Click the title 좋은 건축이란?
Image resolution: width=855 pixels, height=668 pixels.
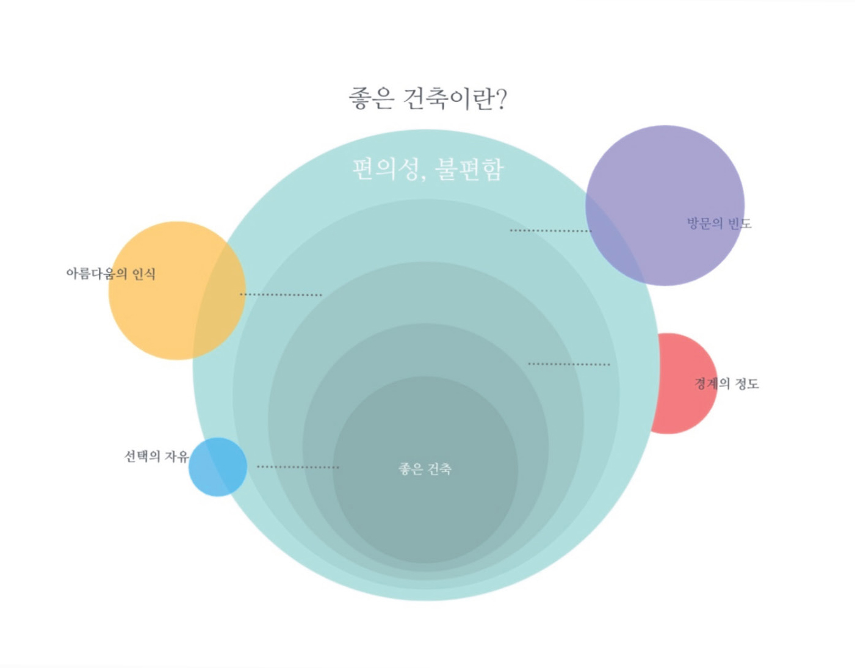[x=427, y=98]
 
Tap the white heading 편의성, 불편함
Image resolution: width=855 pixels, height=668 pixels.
[x=428, y=169]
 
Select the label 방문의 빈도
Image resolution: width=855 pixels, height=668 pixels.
[x=719, y=223]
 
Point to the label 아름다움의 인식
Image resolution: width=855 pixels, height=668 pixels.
[x=111, y=274]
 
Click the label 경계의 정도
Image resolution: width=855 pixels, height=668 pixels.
[x=726, y=383]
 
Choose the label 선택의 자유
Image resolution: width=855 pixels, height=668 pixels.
[x=156, y=456]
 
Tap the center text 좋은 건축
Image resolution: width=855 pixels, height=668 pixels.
[x=425, y=469]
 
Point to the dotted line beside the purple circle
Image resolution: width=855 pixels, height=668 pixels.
[x=550, y=231]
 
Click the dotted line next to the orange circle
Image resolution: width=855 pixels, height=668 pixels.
[x=281, y=295]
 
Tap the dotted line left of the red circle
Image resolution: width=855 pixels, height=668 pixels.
[x=569, y=365]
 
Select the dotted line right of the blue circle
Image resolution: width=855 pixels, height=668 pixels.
[x=298, y=467]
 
